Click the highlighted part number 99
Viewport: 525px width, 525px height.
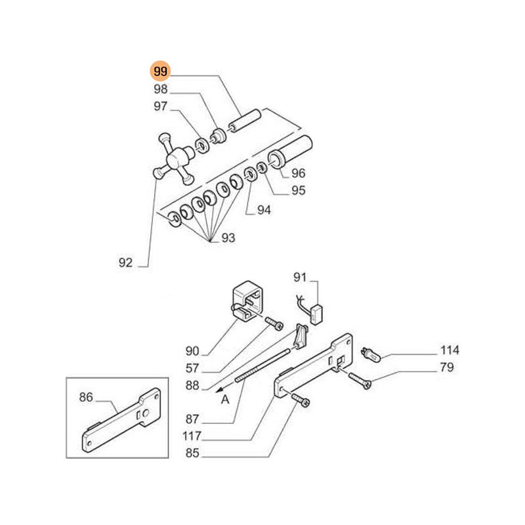[x=160, y=72]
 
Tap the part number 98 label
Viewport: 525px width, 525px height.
[x=160, y=89]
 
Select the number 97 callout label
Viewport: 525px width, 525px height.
[x=160, y=106]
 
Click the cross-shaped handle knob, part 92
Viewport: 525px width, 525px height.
[x=173, y=157]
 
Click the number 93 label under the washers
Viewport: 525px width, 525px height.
[x=227, y=238]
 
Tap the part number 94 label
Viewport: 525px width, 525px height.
[x=264, y=211]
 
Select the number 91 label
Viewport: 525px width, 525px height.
[x=300, y=276]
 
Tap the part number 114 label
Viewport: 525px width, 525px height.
[x=450, y=350]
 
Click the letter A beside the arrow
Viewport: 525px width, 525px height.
[x=225, y=399]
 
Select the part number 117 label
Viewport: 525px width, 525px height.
[x=192, y=436]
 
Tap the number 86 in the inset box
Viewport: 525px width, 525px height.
[x=86, y=396]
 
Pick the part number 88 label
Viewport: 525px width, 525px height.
[x=192, y=385]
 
